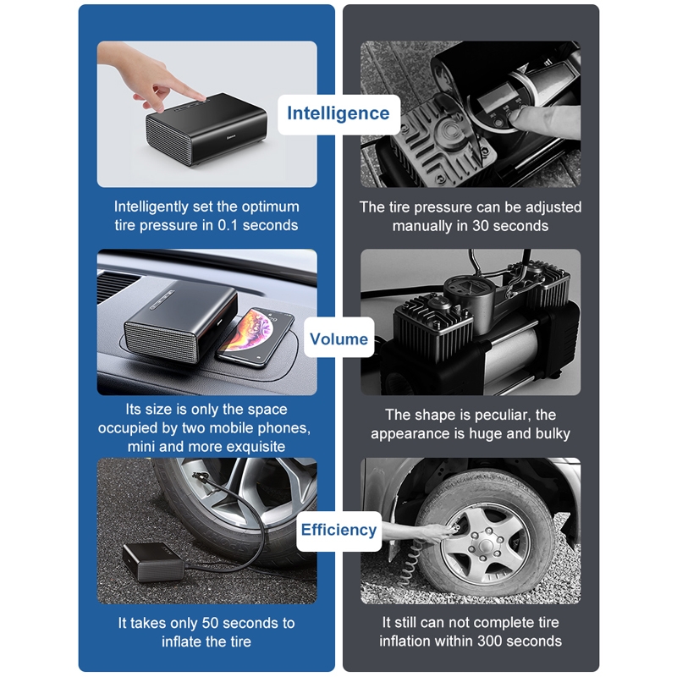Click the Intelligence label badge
click(x=338, y=114)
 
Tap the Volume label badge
click(x=339, y=338)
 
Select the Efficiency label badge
click(x=339, y=531)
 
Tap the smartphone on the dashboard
click(x=256, y=336)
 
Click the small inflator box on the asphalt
click(x=154, y=562)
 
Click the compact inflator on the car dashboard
click(x=179, y=320)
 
